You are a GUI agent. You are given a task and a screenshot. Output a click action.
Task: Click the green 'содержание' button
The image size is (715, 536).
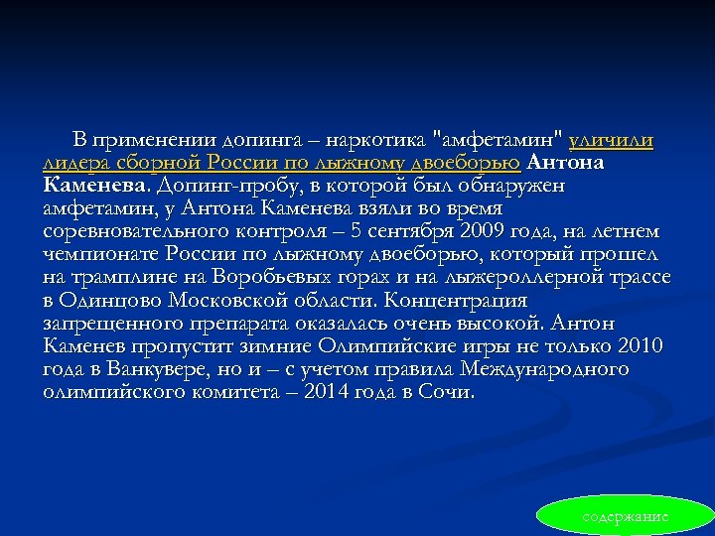point(626,517)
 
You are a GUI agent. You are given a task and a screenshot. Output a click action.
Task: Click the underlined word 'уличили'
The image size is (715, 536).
point(611,141)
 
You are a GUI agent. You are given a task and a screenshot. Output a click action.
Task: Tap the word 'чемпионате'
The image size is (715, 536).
point(97,254)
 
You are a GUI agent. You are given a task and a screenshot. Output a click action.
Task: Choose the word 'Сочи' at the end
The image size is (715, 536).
point(451,392)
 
